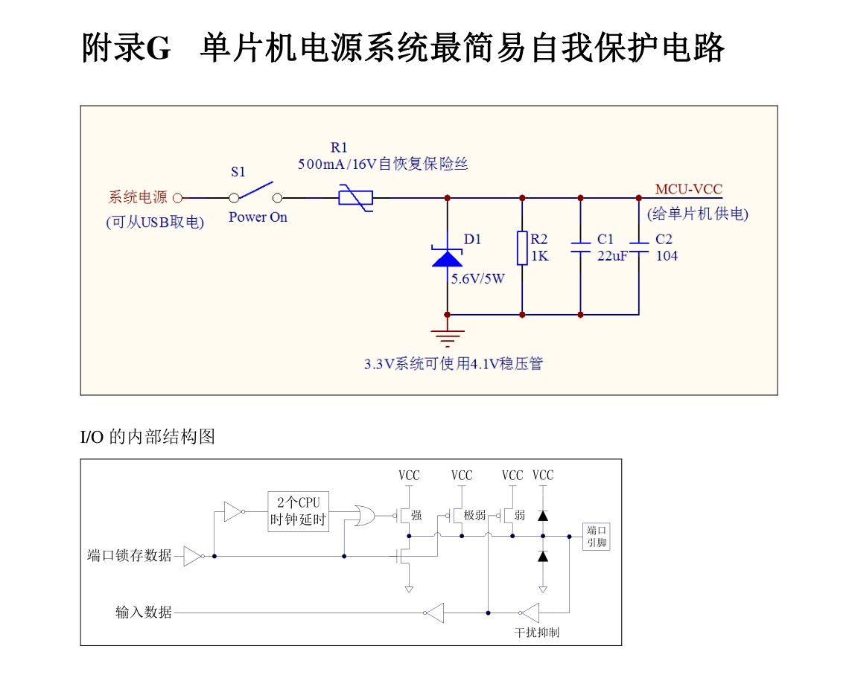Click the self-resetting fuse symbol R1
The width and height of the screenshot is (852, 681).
coord(355,198)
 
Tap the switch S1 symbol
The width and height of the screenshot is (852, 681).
coord(255,192)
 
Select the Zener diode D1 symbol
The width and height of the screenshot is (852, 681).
coord(447,258)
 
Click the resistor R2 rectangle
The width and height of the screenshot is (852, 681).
coord(522,248)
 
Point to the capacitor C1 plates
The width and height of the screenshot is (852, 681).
coord(580,248)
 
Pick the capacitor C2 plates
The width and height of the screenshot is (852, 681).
coord(638,247)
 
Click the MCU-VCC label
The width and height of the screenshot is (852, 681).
coord(688,189)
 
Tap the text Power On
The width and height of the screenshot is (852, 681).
coord(257,217)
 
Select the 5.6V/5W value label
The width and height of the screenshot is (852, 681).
coord(477,279)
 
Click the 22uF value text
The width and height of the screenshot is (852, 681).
coord(612,256)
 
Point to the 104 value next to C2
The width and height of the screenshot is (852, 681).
coord(667,256)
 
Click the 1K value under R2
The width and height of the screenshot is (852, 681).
coord(539,256)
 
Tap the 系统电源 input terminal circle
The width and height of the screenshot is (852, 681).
coord(177,198)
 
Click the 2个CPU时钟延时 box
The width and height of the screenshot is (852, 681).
coord(298,511)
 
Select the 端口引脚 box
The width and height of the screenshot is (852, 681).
coord(597,536)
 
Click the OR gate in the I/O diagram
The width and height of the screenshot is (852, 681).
coord(365,515)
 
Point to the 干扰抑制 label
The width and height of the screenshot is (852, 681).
coord(536,633)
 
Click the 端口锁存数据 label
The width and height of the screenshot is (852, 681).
coord(129,556)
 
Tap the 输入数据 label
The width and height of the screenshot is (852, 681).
coord(143,613)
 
